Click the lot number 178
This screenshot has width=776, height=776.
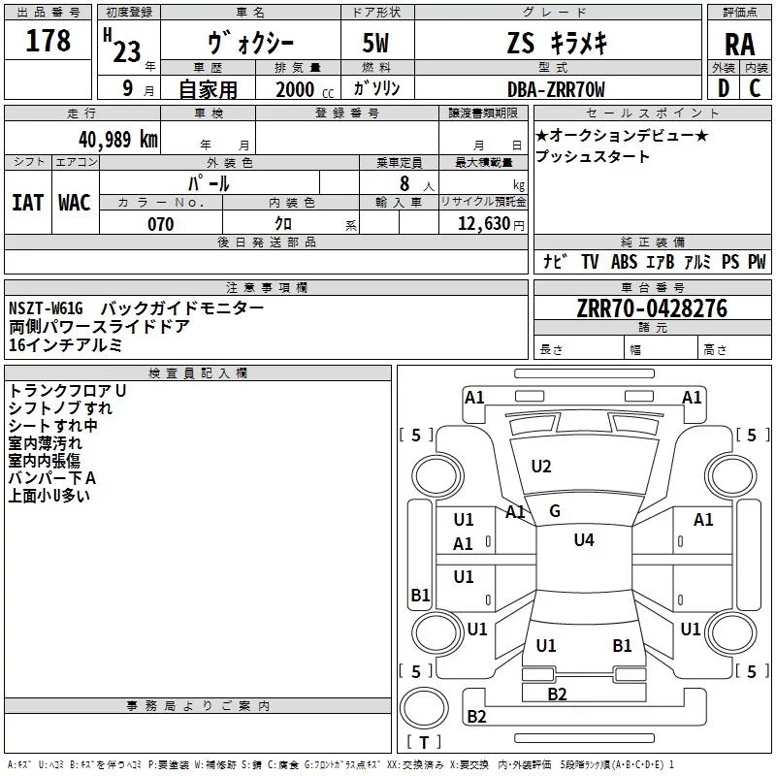pyautogui.click(x=48, y=41)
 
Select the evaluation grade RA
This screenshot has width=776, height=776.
pyautogui.click(x=739, y=45)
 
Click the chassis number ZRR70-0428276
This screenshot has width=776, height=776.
pyautogui.click(x=652, y=308)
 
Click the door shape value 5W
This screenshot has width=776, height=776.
pyautogui.click(x=376, y=45)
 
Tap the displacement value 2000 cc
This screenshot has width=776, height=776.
pyautogui.click(x=295, y=90)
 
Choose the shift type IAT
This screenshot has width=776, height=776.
pyautogui.click(x=27, y=202)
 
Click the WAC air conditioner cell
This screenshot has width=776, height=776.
pyautogui.click(x=74, y=202)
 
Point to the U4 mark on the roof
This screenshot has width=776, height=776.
pyautogui.click(x=584, y=540)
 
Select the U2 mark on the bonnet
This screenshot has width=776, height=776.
pyautogui.click(x=541, y=467)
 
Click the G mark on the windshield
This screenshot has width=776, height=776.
pyautogui.click(x=555, y=511)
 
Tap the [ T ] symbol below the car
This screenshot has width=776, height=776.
pyautogui.click(x=424, y=743)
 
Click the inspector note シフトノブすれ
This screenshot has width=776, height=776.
pyautogui.click(x=60, y=407)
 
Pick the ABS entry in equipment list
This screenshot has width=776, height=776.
pyautogui.click(x=624, y=262)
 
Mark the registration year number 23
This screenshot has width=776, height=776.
pyautogui.click(x=126, y=50)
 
